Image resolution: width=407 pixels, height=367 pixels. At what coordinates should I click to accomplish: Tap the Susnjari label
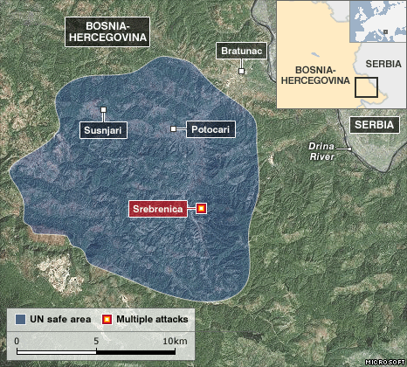103,130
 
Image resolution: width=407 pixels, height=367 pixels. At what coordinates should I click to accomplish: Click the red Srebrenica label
161,209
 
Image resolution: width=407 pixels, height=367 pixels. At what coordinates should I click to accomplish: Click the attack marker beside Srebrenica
202,209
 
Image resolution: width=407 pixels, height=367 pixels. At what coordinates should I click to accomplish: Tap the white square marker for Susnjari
103,110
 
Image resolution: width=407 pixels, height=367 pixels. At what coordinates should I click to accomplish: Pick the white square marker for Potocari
174,129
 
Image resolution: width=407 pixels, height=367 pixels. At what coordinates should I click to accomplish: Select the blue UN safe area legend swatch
20,319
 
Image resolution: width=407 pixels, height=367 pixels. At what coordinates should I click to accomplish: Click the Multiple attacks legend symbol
108,319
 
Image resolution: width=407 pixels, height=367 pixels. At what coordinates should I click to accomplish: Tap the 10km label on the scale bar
175,340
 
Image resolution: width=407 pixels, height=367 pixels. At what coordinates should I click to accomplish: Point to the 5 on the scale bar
94,340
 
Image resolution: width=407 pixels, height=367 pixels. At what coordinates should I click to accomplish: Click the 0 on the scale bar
17,340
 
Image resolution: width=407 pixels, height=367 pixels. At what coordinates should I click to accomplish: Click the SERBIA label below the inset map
376,124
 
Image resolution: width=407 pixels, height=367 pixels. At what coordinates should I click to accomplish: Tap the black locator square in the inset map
367,87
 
